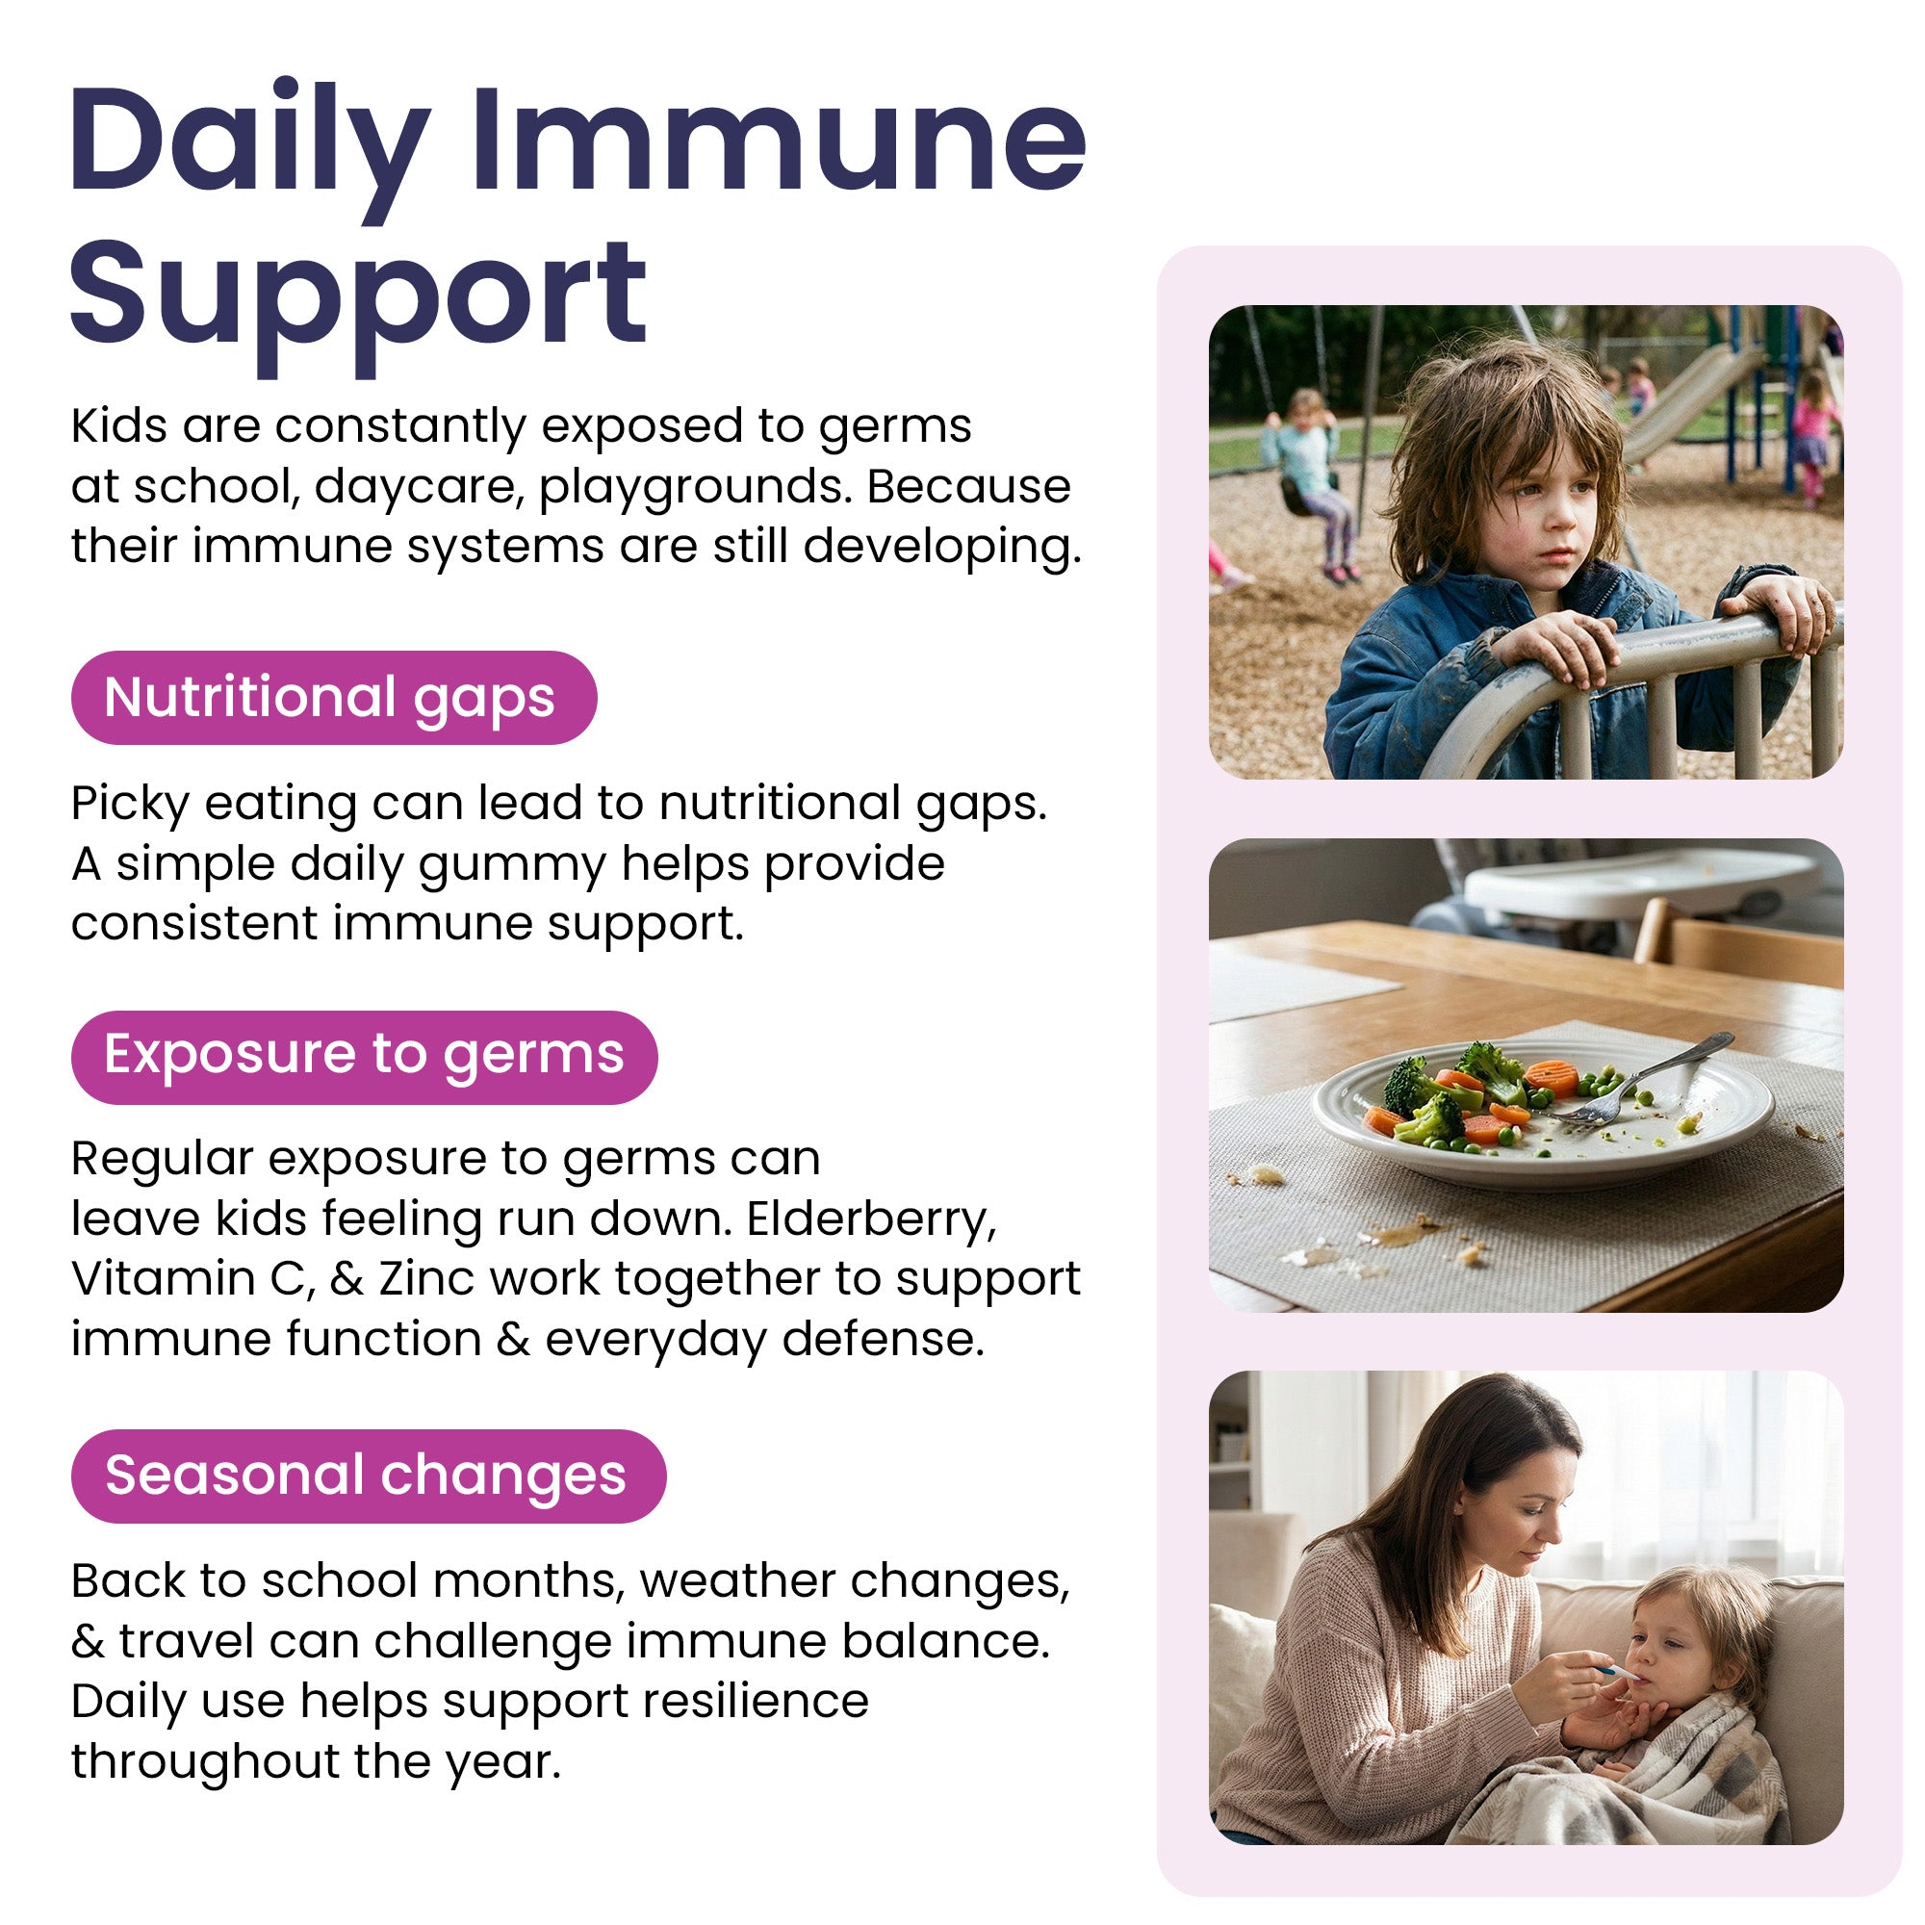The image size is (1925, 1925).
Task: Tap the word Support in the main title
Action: coord(358,293)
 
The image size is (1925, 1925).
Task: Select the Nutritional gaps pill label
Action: coord(333,697)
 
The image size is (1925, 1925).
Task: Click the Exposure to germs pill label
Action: coord(364,1054)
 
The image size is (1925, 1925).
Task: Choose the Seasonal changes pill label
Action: coord(367,1475)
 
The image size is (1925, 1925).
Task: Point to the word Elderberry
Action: coord(871,1219)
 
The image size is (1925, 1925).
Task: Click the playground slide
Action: coord(1694,398)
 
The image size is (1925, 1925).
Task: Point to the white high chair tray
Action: coord(1634,882)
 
